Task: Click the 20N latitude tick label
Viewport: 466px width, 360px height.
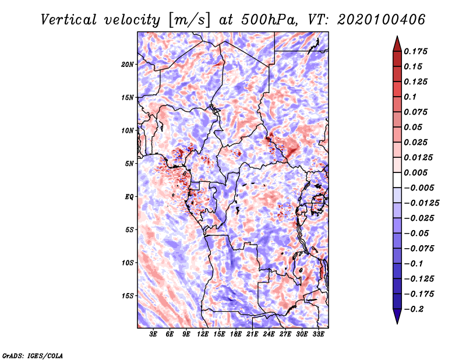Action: pyautogui.click(x=128, y=65)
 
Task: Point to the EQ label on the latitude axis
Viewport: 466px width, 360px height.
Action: pyautogui.click(x=129, y=197)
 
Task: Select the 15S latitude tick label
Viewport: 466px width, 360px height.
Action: pyautogui.click(x=128, y=296)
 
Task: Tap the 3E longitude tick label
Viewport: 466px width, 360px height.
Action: pyautogui.click(x=153, y=334)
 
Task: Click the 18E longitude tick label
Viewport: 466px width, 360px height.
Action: pyautogui.click(x=236, y=334)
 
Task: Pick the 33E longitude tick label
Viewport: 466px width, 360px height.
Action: pyautogui.click(x=318, y=334)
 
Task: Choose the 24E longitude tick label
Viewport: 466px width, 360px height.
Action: pyautogui.click(x=269, y=334)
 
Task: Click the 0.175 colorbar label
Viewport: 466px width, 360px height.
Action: pyautogui.click(x=415, y=51)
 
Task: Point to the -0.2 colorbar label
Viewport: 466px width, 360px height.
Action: pyautogui.click(x=414, y=309)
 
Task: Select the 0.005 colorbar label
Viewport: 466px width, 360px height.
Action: pyautogui.click(x=415, y=172)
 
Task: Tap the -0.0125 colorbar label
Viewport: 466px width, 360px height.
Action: pyautogui.click(x=421, y=203)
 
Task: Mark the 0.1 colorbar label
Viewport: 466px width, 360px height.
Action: pyautogui.click(x=410, y=97)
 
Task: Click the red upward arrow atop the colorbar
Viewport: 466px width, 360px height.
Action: pyautogui.click(x=397, y=44)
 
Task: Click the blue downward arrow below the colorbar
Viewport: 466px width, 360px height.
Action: pyautogui.click(x=397, y=316)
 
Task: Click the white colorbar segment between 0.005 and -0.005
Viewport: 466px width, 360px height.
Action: pyautogui.click(x=397, y=180)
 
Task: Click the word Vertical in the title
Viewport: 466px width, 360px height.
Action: pyautogui.click(x=69, y=20)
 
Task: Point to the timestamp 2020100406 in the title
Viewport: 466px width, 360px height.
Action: pyautogui.click(x=382, y=20)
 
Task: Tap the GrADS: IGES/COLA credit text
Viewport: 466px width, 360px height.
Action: pyautogui.click(x=33, y=356)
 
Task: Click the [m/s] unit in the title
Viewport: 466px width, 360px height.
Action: pyautogui.click(x=189, y=20)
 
